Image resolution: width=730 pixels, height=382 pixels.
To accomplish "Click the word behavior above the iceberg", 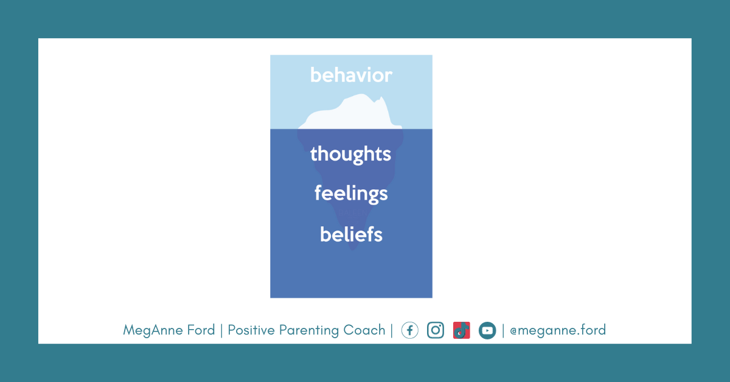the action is [351, 75].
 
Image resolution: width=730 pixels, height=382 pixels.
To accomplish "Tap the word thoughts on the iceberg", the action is [350, 154].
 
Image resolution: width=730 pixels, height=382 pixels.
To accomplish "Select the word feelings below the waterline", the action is [351, 194].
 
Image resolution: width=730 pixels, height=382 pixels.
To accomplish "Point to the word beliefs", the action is [351, 234].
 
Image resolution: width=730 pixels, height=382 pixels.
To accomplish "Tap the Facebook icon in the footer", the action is [409, 330].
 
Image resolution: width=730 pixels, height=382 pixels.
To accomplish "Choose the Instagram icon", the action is [436, 330].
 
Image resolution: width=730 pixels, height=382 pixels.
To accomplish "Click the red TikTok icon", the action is [462, 330].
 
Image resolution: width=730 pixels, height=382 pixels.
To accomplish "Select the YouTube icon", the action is [487, 330].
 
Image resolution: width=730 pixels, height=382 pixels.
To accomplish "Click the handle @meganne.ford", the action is [558, 330].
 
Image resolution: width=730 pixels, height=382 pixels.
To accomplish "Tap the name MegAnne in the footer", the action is [153, 330].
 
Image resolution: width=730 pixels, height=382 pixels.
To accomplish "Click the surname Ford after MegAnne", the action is [201, 330].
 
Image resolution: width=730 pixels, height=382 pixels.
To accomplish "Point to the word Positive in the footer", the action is [251, 330].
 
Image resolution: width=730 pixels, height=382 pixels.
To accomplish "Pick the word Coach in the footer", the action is [364, 330].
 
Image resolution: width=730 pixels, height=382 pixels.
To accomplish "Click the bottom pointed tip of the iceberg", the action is [353, 250].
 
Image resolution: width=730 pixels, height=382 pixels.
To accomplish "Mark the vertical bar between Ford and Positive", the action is [221, 330].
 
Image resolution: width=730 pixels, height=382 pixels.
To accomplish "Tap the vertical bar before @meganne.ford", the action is [503, 330].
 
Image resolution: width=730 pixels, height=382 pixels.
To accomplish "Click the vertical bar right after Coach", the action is [392, 330].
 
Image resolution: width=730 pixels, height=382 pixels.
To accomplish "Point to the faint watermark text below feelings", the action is [352, 213].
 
